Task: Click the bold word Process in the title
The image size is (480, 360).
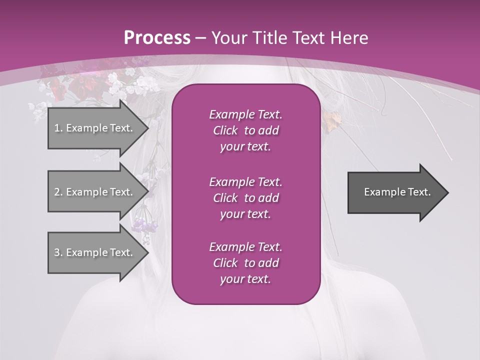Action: (x=157, y=38)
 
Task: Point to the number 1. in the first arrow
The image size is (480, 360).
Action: (x=58, y=128)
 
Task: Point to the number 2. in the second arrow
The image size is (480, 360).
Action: (x=58, y=192)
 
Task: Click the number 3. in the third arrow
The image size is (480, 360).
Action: (x=58, y=252)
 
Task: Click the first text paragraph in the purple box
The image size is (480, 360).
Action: (x=245, y=130)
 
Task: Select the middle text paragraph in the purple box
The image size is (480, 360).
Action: (x=245, y=198)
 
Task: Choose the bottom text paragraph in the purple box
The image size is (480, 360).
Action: (x=245, y=263)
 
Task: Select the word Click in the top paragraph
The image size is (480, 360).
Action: (x=225, y=130)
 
